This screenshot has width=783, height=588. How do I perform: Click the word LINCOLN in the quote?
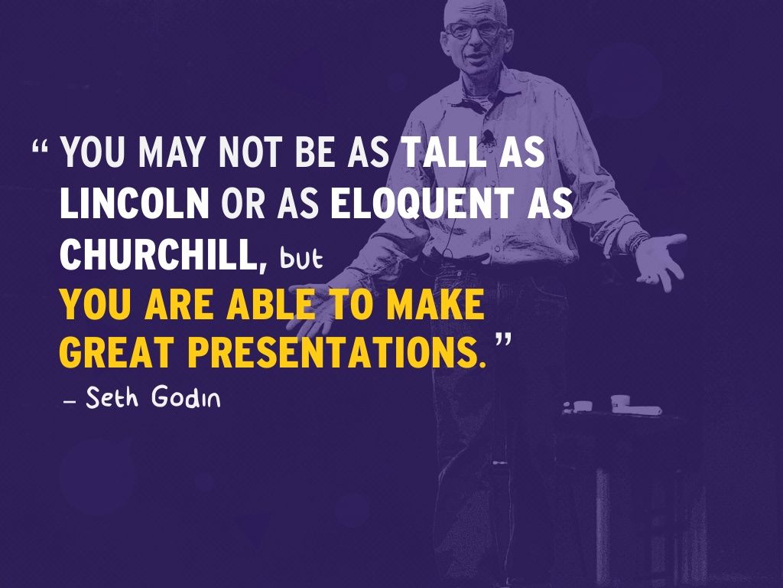[x=135, y=204]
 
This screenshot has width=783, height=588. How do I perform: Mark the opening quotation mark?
[x=42, y=145]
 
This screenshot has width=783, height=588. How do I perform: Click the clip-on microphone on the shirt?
[x=487, y=139]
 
